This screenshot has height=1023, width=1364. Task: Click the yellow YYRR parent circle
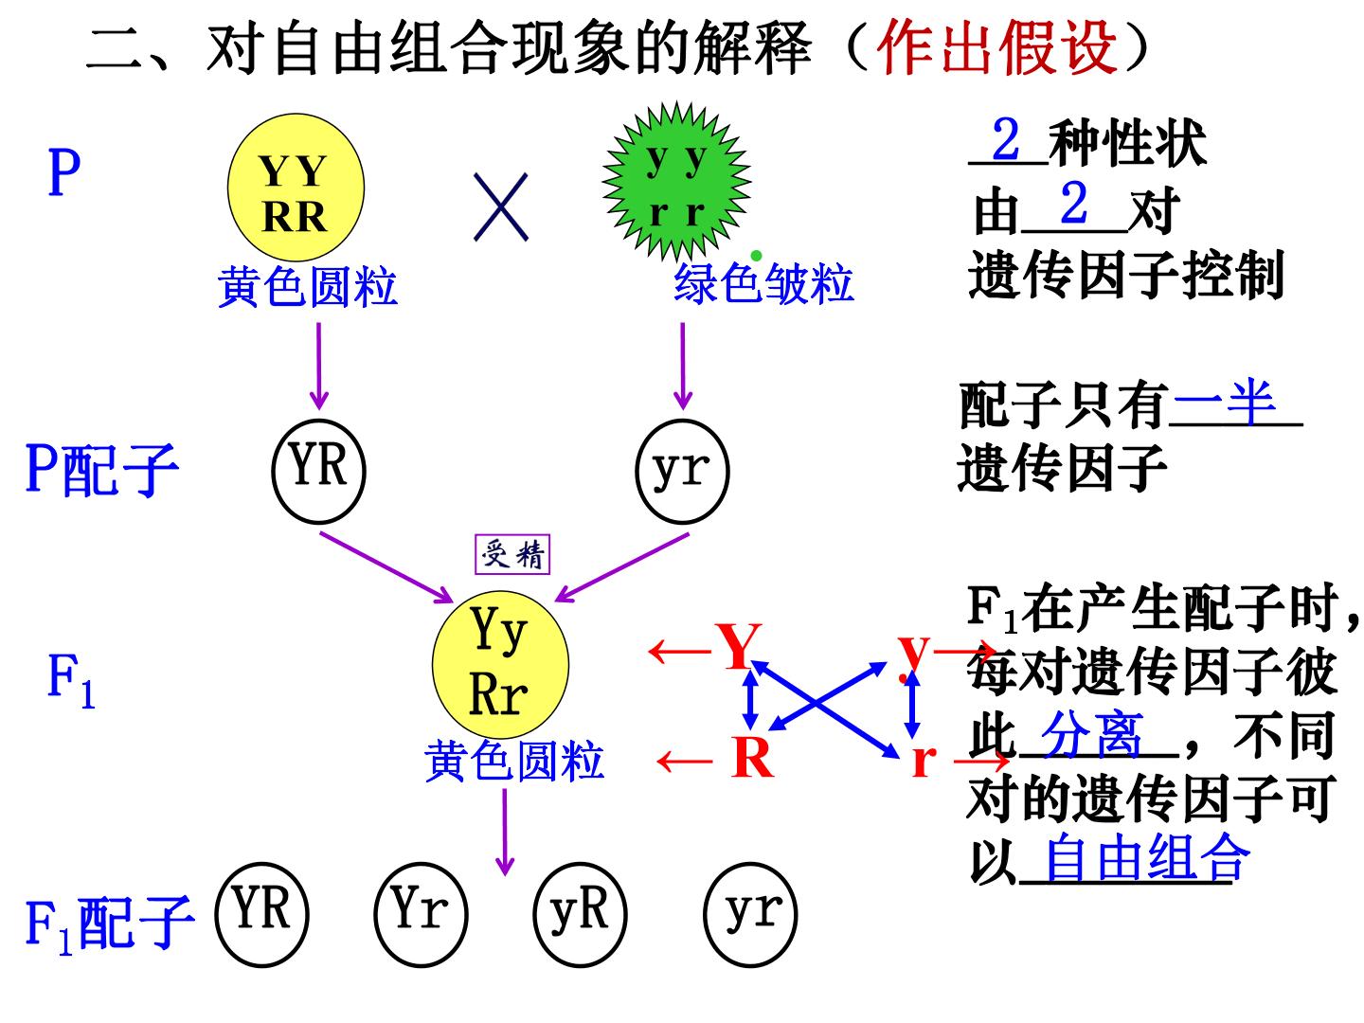(x=296, y=187)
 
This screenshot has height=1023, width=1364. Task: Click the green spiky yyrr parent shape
(x=676, y=181)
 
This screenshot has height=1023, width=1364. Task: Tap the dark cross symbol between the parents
(x=501, y=206)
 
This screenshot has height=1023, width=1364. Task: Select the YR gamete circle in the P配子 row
(x=319, y=472)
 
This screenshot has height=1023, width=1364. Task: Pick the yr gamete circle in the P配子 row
(x=682, y=472)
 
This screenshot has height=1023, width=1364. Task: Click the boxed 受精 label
(x=512, y=554)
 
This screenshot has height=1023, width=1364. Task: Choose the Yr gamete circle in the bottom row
(x=421, y=915)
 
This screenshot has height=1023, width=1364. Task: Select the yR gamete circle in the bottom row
(x=580, y=915)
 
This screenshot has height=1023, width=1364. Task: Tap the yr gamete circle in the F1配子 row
(x=750, y=915)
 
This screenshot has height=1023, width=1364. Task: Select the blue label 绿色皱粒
(x=763, y=283)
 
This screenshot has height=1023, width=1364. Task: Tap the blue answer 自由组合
(x=1146, y=858)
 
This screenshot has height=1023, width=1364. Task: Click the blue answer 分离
(x=1092, y=734)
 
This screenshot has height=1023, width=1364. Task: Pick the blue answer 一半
(x=1225, y=402)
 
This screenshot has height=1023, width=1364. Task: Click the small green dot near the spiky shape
(x=756, y=256)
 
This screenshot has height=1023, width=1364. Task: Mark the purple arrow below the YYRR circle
(x=319, y=367)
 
